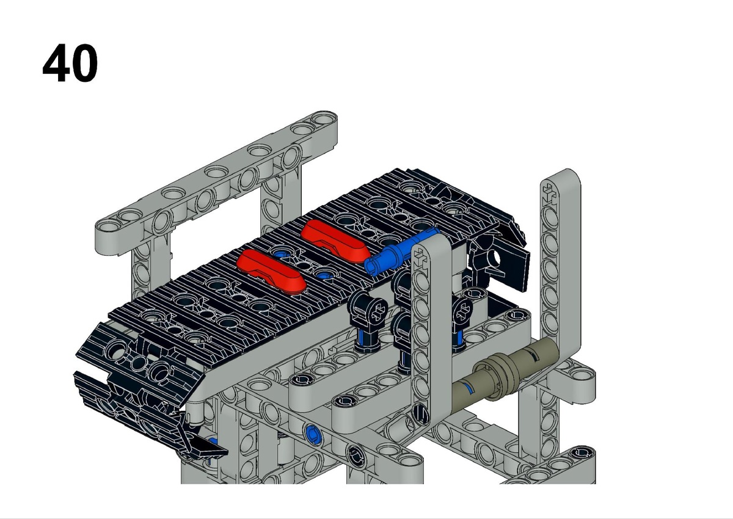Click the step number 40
tap(70, 63)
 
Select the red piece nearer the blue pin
tap(335, 241)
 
